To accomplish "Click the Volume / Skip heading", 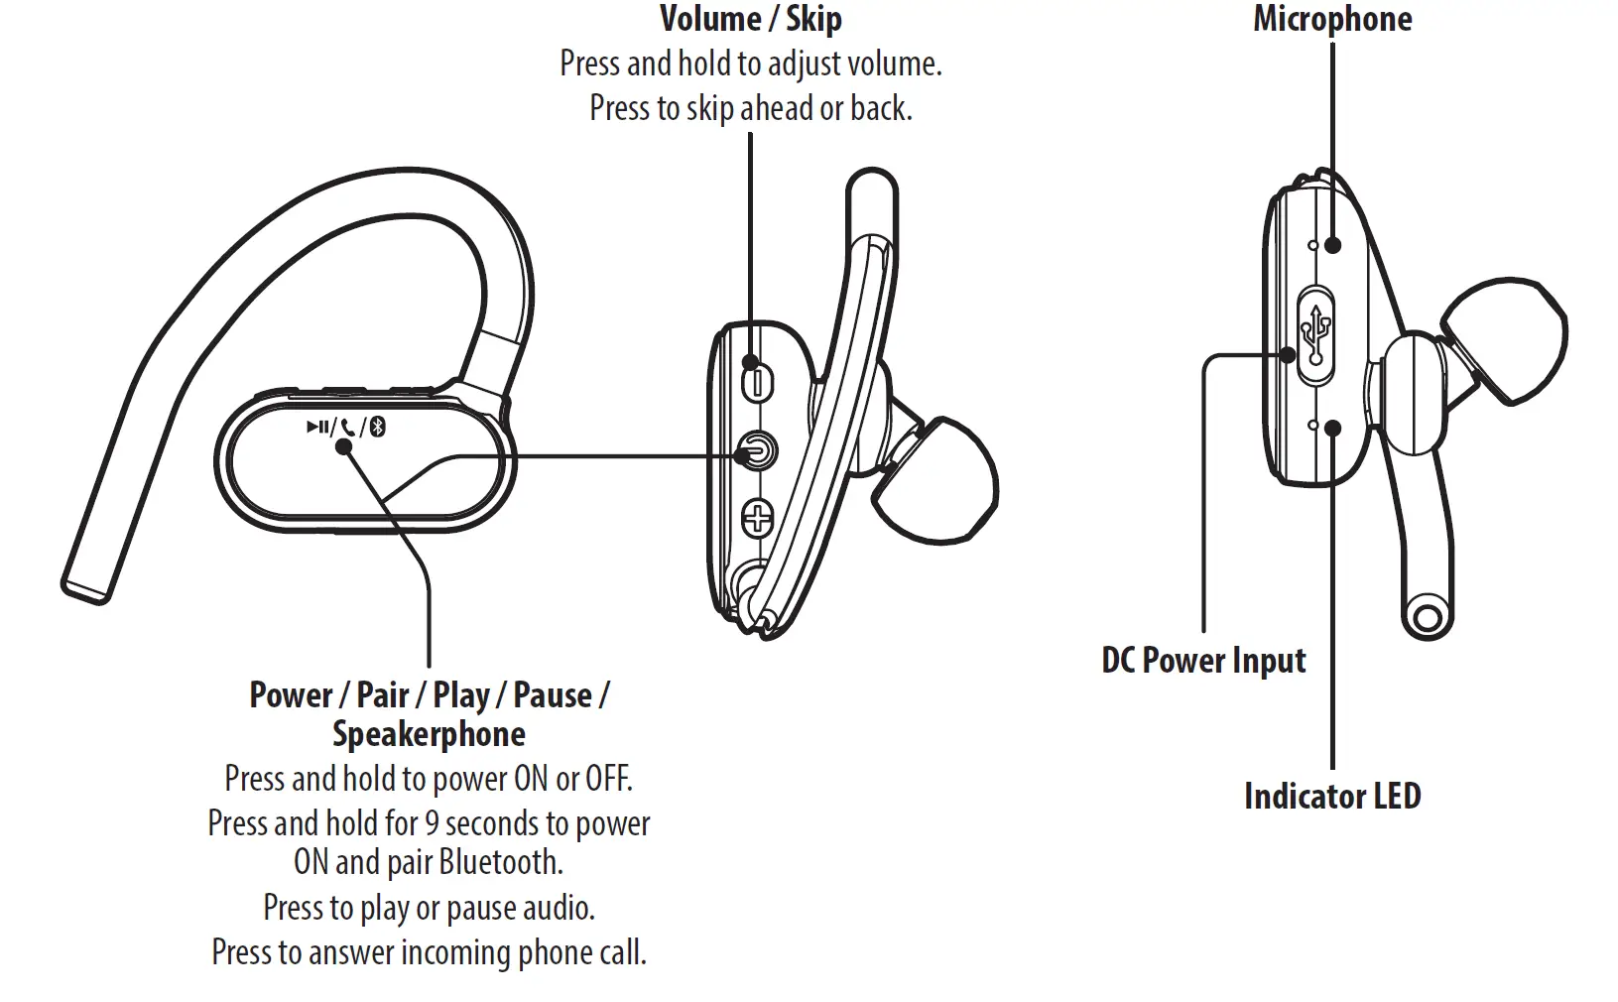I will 750,19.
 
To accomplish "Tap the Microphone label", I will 1331,19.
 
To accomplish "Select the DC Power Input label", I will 1203,661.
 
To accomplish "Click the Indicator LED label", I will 1331,797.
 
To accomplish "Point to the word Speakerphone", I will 429,735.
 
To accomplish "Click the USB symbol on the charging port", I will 1317,334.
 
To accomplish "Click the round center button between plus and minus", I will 758,451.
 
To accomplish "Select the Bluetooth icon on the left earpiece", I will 377,428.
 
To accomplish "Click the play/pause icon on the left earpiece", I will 317,427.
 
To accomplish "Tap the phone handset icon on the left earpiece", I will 347,428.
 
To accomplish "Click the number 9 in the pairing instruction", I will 432,823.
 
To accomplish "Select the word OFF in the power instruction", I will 607,779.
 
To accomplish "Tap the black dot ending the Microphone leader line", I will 1332,243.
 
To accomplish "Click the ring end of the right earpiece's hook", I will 1428,617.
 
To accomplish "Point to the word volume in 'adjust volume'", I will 891,64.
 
